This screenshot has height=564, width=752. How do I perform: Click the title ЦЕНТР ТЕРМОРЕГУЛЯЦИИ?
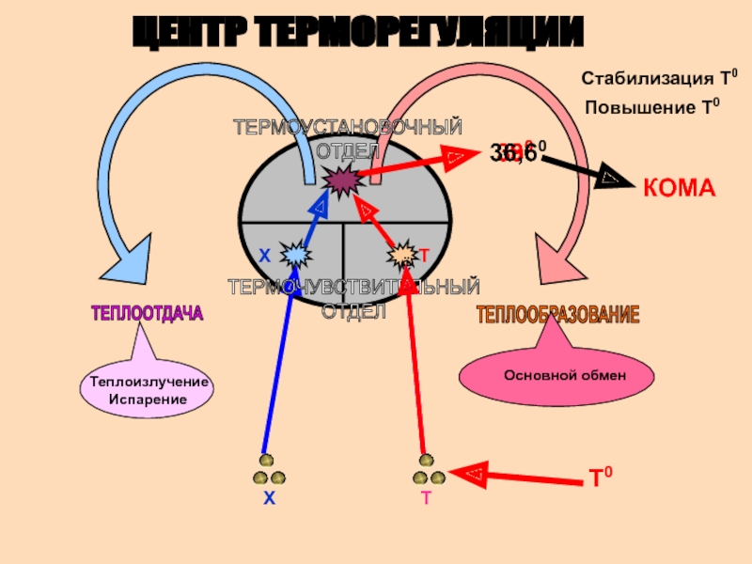356,33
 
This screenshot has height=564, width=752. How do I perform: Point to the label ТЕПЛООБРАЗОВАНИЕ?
558,315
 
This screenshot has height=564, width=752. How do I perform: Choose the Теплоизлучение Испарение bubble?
147,390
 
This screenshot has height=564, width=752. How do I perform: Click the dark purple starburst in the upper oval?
339,178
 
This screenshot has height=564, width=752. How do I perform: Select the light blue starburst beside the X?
295,253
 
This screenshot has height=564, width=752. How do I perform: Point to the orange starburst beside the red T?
403,254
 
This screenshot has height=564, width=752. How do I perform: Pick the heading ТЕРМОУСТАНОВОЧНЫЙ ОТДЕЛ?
348,138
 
